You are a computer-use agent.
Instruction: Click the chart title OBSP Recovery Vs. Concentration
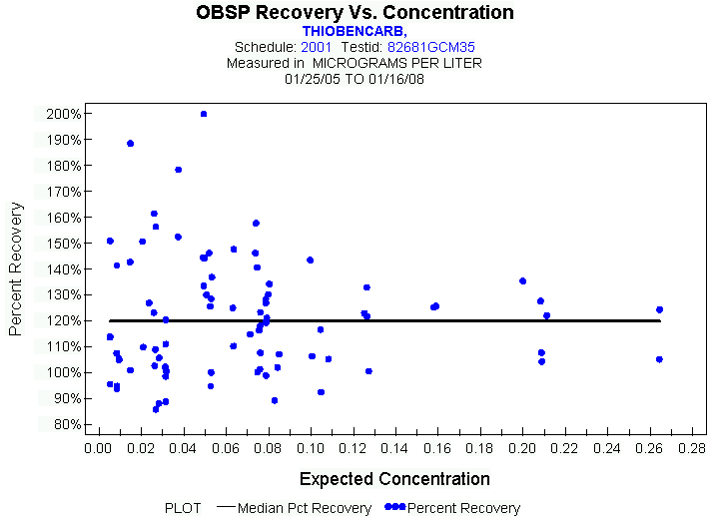pyautogui.click(x=356, y=13)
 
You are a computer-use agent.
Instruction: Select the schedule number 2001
pyautogui.click(x=317, y=47)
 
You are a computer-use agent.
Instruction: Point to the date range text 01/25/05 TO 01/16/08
pyautogui.click(x=355, y=78)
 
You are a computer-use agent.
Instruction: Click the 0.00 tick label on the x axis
pyautogui.click(x=98, y=449)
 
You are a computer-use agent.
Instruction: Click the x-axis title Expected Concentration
pyautogui.click(x=394, y=478)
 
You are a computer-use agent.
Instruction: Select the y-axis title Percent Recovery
pyautogui.click(x=17, y=268)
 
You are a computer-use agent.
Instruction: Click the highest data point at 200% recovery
pyautogui.click(x=204, y=114)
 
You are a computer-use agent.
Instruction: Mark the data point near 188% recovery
pyautogui.click(x=130, y=144)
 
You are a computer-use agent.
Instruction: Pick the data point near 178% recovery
pyautogui.click(x=178, y=170)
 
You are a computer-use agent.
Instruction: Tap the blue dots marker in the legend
pyautogui.click(x=394, y=508)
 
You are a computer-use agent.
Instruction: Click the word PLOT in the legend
pyautogui.click(x=184, y=508)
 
